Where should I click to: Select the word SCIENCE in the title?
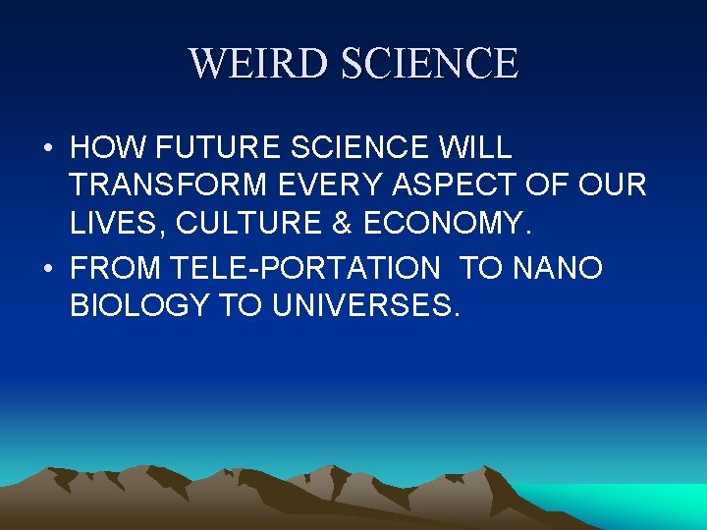pyautogui.click(x=428, y=64)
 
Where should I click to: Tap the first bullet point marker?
pyautogui.click(x=47, y=149)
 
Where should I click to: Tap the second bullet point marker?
pyautogui.click(x=47, y=269)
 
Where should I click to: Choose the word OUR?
pyautogui.click(x=615, y=185)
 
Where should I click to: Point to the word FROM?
pyautogui.click(x=116, y=268)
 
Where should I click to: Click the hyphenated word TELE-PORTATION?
pyautogui.click(x=305, y=268)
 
